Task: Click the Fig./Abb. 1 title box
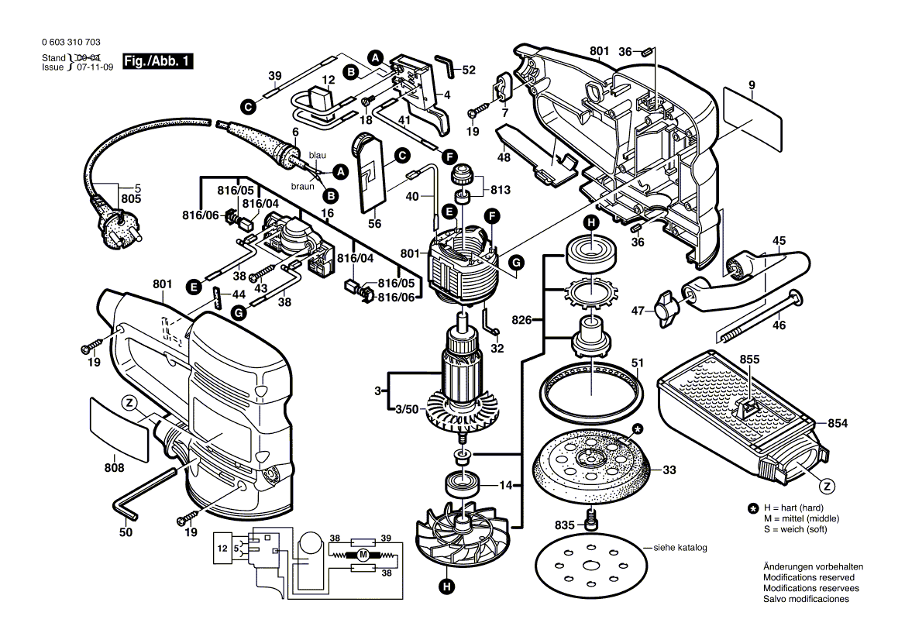click(157, 60)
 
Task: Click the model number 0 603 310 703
click(71, 42)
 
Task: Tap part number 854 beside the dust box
click(838, 424)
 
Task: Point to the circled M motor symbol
click(363, 556)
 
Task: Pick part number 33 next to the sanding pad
click(669, 470)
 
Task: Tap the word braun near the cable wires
click(302, 187)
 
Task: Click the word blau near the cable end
click(318, 155)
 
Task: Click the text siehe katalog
click(680, 547)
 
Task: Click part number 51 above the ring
click(637, 363)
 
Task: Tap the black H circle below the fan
click(446, 587)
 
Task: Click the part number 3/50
click(407, 409)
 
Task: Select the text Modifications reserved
click(809, 577)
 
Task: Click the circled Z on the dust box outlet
click(828, 487)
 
